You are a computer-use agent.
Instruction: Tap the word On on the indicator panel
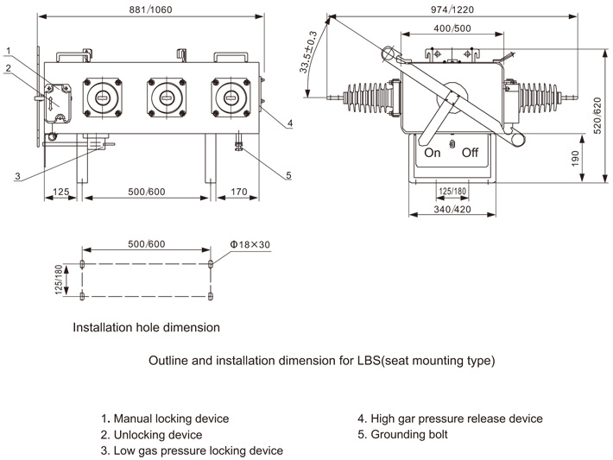(431, 153)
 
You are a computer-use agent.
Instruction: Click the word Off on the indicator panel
(470, 153)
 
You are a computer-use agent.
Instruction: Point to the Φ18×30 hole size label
(250, 244)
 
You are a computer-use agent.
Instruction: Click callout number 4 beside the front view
(290, 123)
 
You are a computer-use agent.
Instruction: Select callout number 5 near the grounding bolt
(288, 175)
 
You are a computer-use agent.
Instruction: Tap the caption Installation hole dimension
(146, 327)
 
